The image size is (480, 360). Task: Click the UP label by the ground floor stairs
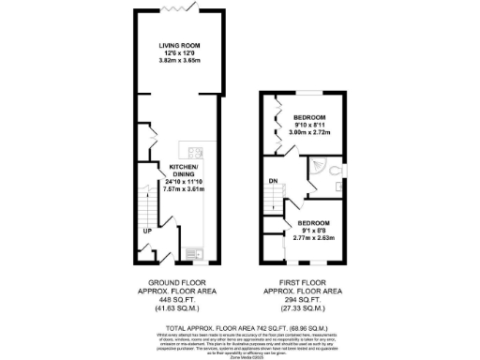click(x=147, y=230)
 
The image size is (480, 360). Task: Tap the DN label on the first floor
click(x=274, y=181)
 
